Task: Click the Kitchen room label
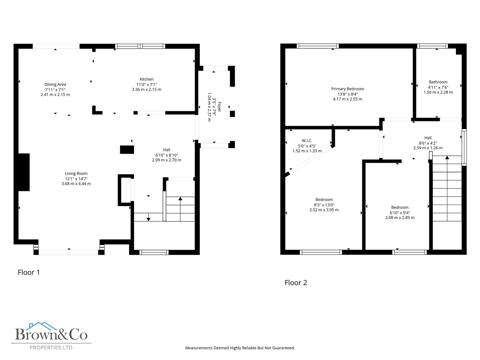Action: click(x=147, y=79)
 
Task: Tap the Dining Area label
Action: click(x=55, y=84)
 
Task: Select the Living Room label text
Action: click(x=76, y=173)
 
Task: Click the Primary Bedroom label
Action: click(x=347, y=89)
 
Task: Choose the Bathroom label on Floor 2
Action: click(x=438, y=82)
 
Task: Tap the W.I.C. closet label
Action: click(x=307, y=141)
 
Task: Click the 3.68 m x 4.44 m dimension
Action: click(x=76, y=184)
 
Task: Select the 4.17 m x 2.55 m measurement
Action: click(x=347, y=99)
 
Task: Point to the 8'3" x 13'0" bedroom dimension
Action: click(x=324, y=205)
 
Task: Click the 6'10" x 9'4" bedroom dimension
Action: click(x=400, y=213)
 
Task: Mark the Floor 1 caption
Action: click(x=29, y=272)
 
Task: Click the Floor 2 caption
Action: click(x=296, y=283)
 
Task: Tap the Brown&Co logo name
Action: click(x=51, y=334)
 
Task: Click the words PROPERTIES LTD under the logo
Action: click(x=51, y=348)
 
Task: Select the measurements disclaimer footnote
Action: click(x=240, y=348)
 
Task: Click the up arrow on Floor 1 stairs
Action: click(x=180, y=199)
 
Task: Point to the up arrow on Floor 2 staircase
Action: click(x=447, y=158)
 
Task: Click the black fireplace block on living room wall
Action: click(x=24, y=172)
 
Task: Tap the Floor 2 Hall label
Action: click(x=428, y=138)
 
